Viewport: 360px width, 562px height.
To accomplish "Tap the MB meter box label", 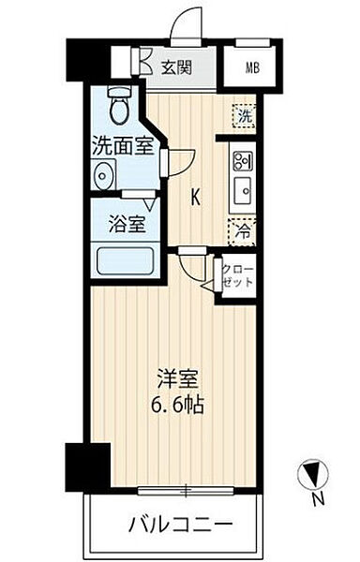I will pos(252,67).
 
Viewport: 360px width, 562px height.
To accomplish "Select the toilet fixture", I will pos(118,106).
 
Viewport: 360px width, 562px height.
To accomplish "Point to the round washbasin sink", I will pos(104,174).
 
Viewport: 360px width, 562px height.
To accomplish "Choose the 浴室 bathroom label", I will pos(127,225).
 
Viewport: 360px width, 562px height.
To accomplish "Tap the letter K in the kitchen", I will pos(196,197).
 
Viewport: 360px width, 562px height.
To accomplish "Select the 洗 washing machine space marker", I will pos(244,116).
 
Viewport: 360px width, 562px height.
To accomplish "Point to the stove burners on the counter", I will pos(243,158).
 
